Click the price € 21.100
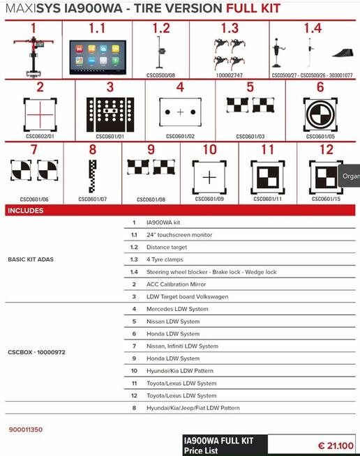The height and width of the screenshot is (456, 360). click(335, 446)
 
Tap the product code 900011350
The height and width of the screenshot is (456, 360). click(26, 430)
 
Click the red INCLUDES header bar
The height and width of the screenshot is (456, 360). click(180, 211)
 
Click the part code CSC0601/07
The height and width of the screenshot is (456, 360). click(92, 199)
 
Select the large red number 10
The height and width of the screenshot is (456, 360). click(209, 150)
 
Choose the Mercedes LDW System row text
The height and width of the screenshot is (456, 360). click(177, 309)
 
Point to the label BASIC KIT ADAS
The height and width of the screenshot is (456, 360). click(30, 259)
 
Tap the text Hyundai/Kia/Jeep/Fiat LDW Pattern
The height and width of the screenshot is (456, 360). click(193, 408)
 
